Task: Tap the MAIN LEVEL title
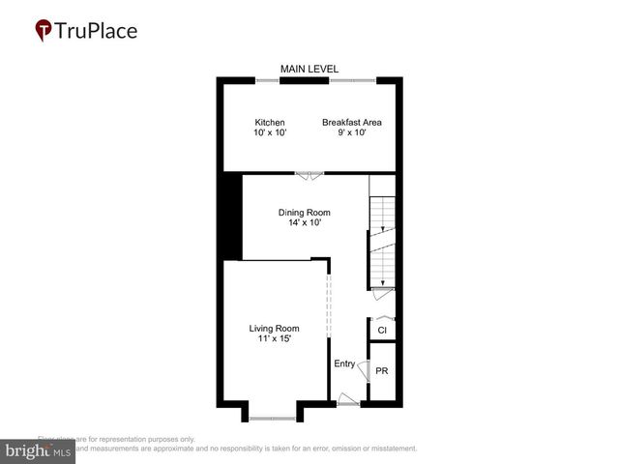point(308,69)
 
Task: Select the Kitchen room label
point(270,123)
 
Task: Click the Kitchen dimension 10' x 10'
point(270,133)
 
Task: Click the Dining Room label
point(305,213)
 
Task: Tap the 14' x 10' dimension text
point(305,223)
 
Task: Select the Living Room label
point(275,329)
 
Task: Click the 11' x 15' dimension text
point(275,339)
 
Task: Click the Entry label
point(344,364)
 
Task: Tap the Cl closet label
point(382,331)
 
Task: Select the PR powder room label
point(382,371)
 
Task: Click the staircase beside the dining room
point(383,242)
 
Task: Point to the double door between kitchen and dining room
point(309,175)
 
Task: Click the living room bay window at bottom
point(273,418)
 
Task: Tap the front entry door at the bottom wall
point(346,399)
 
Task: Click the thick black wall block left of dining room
point(231,217)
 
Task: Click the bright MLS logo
point(38,451)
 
